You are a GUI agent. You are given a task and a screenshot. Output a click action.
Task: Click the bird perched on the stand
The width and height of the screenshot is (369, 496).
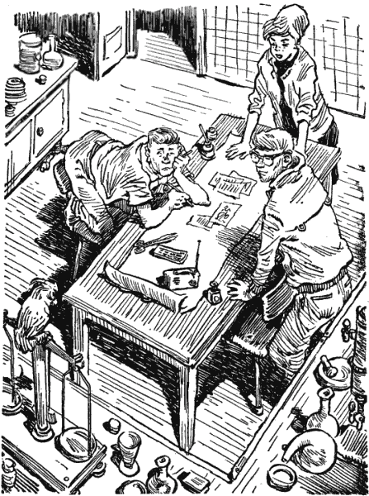tap(36, 310)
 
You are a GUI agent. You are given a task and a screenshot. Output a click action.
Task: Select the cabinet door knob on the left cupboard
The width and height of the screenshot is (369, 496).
tap(39, 131)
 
